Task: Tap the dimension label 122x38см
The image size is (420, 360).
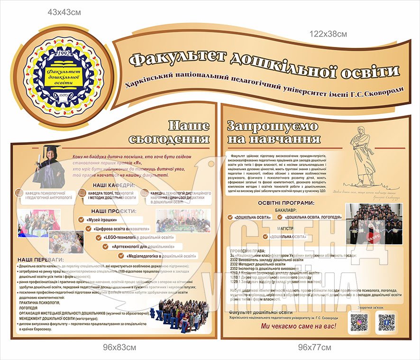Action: point(329,34)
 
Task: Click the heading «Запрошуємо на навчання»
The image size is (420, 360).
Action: point(274,132)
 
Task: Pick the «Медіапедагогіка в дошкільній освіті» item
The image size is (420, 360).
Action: point(162,256)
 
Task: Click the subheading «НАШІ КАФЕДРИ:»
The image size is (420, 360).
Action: point(113,185)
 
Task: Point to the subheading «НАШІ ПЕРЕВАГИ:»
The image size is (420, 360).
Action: point(40,260)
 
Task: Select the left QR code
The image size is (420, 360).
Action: point(359,323)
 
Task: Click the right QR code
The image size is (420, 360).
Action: point(386,323)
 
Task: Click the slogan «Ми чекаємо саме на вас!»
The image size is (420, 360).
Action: point(299,327)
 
